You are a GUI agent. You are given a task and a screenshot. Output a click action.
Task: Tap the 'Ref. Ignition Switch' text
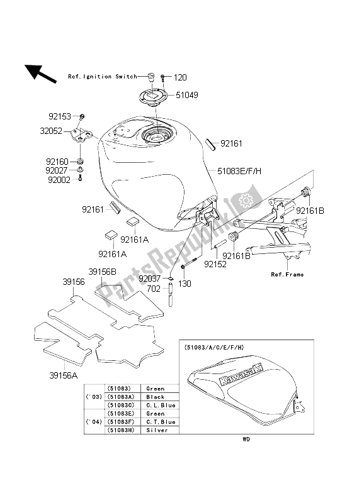point(102,77)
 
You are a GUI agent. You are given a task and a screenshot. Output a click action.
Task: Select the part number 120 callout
point(181,77)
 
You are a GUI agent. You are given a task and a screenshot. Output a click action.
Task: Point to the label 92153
point(60,116)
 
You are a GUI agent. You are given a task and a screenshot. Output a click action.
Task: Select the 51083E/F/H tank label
point(240,170)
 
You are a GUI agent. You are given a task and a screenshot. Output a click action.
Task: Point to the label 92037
point(150,277)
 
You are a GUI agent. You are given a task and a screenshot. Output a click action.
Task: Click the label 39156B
point(103,272)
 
